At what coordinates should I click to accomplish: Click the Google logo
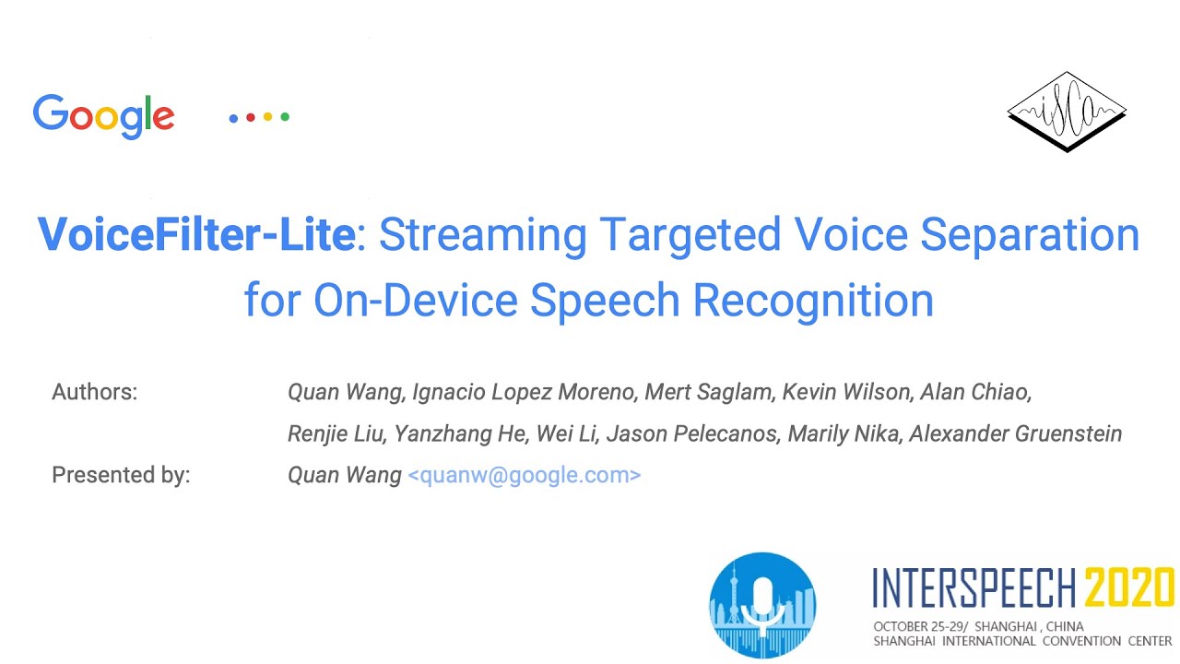[x=103, y=116]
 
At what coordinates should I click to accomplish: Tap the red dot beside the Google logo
[x=251, y=117]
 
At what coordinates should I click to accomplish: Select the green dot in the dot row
[x=285, y=117]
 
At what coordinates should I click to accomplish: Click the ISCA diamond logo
[x=1067, y=112]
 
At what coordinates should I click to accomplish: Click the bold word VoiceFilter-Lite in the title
[x=196, y=235]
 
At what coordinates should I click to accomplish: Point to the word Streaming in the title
[x=482, y=235]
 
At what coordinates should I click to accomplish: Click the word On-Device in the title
[x=415, y=300]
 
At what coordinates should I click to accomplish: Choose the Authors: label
[x=95, y=392]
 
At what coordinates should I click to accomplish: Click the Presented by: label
[x=121, y=475]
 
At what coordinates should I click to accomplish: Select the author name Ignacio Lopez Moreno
[x=524, y=392]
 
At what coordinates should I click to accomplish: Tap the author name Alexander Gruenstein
[x=1015, y=433]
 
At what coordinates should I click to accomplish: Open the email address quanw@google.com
[x=524, y=475]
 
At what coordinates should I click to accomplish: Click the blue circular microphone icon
[x=762, y=605]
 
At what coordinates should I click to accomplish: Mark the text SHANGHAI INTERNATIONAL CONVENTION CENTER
[x=1022, y=641]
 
